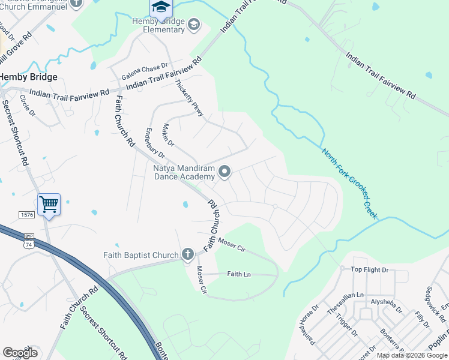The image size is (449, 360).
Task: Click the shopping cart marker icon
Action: pyautogui.click(x=49, y=205)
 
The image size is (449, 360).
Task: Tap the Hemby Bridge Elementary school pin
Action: pyautogui.click(x=193, y=25)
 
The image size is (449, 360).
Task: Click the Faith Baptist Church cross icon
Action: pyautogui.click(x=187, y=254)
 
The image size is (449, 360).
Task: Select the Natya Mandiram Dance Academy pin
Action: pyautogui.click(x=224, y=172)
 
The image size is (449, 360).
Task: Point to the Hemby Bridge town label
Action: pyautogui.click(x=29, y=77)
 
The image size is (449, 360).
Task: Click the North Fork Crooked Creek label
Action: pyautogui.click(x=349, y=183)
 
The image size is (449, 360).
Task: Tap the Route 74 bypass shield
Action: pyautogui.click(x=28, y=237)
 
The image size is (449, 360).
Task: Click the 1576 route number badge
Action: pyautogui.click(x=26, y=214)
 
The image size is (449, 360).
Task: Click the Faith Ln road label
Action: pyautogui.click(x=238, y=274)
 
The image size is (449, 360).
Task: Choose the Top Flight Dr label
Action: pyautogui.click(x=370, y=270)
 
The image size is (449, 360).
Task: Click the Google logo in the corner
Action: pyautogui.click(x=20, y=353)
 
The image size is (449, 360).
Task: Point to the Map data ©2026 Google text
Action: pyautogui.click(x=412, y=355)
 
